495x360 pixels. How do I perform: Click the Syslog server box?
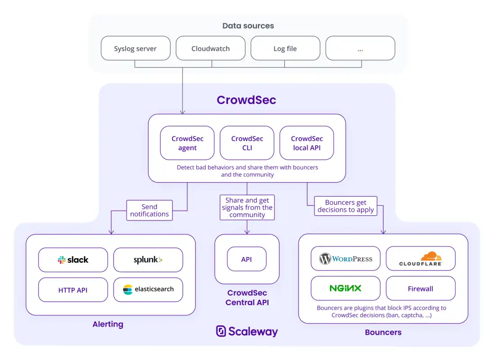click(136, 48)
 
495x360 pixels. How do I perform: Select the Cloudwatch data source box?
click(210, 48)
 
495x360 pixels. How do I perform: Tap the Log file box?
click(286, 48)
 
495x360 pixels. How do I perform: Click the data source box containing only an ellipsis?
click(360, 48)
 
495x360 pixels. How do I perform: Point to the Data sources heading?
click(248, 26)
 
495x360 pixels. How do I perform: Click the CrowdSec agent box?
click(187, 143)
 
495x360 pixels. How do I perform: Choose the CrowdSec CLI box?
click(247, 143)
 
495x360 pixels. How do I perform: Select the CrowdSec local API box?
click(307, 143)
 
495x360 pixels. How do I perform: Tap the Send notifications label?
click(150, 210)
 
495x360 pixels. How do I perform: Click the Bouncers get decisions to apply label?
click(345, 206)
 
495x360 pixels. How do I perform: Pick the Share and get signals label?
click(247, 207)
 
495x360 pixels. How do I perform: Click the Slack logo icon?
click(62, 260)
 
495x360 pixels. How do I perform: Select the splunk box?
click(148, 260)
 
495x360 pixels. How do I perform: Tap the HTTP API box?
click(73, 290)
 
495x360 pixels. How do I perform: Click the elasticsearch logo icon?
click(128, 289)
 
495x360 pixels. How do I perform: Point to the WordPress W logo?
click(325, 259)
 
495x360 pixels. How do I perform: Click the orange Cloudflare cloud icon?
click(431, 256)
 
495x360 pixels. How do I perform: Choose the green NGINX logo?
click(345, 288)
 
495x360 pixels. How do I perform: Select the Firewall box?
click(421, 288)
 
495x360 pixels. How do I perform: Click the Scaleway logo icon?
click(221, 331)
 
